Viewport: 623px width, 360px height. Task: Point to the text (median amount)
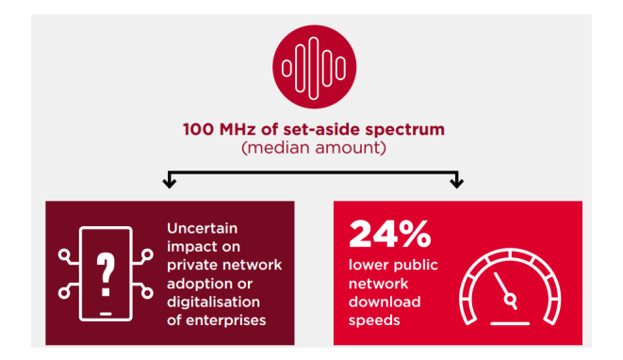coord(311,147)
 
